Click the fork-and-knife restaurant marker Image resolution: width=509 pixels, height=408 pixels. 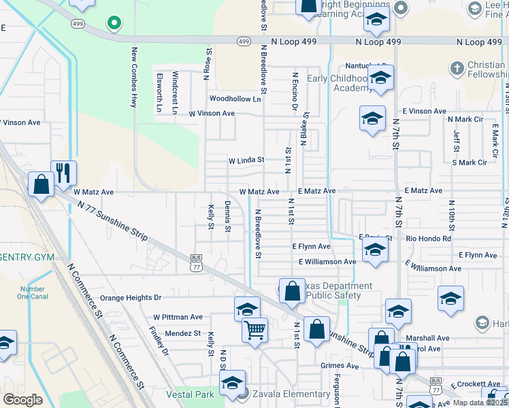[x=63, y=173]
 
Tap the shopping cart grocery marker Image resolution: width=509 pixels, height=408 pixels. [x=255, y=330]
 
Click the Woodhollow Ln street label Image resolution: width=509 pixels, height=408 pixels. [x=235, y=99]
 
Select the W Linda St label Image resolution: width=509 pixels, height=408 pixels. [x=246, y=160]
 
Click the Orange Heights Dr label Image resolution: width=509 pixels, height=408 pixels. [x=131, y=298]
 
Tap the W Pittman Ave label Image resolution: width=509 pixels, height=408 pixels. [x=178, y=317]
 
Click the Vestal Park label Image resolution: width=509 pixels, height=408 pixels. [x=190, y=394]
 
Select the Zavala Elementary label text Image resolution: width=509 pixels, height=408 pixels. [x=291, y=394]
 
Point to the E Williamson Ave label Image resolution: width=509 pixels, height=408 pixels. [x=327, y=262]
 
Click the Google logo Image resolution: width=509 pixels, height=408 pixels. [x=22, y=400]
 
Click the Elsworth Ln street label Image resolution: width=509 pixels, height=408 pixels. [x=159, y=92]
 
